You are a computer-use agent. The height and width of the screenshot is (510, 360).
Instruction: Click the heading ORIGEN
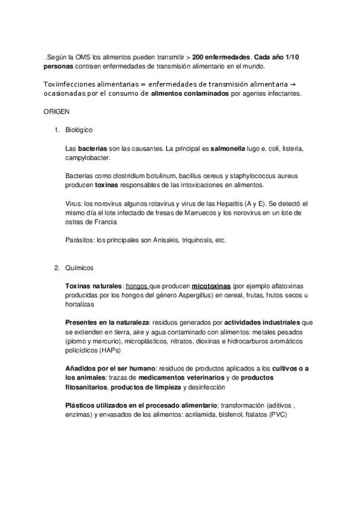coord(56,112)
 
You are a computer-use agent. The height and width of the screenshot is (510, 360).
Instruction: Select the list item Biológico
coord(79,130)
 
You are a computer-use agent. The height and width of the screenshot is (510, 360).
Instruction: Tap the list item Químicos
coord(79,268)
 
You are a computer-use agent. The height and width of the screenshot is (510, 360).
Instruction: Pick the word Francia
coord(102,221)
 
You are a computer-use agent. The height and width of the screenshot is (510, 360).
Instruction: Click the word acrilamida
coord(201,415)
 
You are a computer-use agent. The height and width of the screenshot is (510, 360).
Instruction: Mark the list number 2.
coord(56,268)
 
